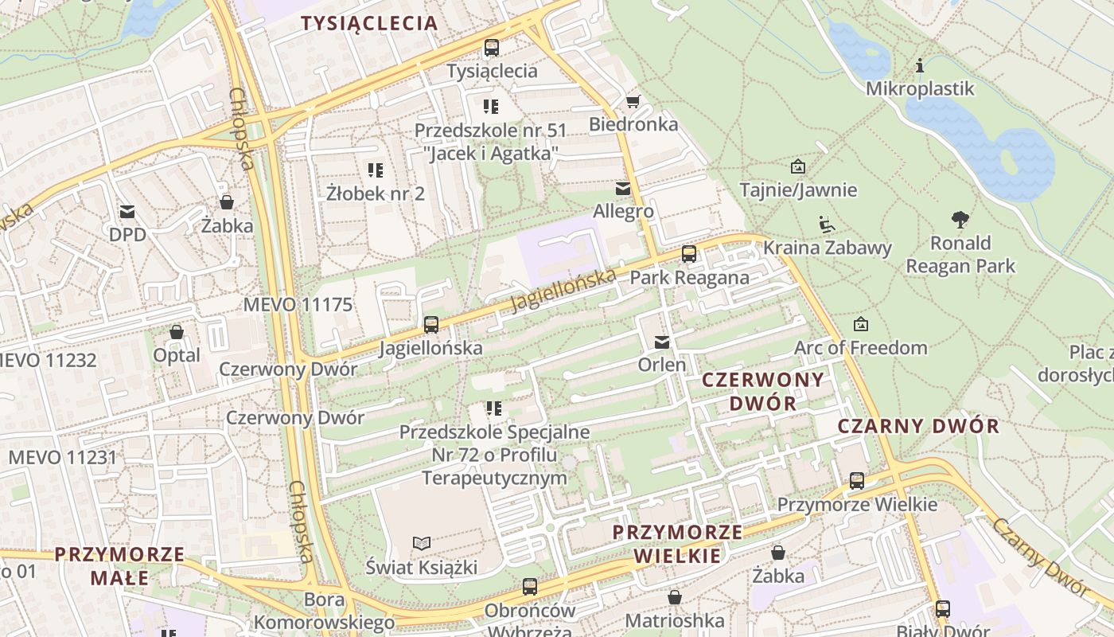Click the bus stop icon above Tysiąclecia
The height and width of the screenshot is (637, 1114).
492,48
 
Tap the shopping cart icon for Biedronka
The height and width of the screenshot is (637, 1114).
633,101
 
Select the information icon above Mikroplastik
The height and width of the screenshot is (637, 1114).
920,65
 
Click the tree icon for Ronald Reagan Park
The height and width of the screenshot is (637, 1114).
960,220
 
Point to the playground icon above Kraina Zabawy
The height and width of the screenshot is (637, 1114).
827,225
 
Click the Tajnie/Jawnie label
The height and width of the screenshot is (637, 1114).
798,190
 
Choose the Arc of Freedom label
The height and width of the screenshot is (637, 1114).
860,348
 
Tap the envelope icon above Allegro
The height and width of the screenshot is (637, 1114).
623,189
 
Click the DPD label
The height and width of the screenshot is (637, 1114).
128,235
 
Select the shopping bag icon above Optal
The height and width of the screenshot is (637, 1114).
177,332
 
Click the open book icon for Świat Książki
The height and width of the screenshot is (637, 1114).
422,543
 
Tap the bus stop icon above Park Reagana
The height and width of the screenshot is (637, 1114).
689,255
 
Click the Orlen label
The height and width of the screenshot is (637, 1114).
662,365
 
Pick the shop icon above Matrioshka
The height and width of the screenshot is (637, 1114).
675,597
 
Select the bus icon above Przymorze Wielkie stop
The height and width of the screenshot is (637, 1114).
857,481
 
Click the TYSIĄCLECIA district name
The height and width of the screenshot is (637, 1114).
369,23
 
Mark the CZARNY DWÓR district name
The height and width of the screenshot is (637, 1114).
918,426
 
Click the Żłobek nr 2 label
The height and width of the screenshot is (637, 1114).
376,193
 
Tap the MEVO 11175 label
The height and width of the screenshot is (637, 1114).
298,304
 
